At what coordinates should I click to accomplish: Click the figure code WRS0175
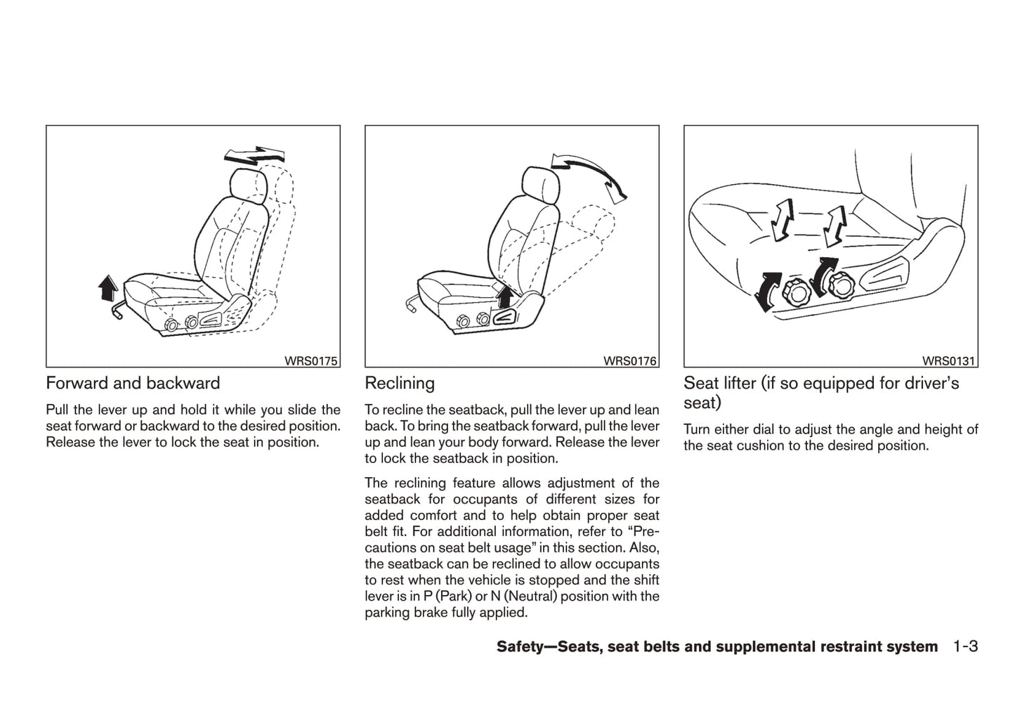click(x=311, y=361)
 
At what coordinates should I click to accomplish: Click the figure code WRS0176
click(x=630, y=361)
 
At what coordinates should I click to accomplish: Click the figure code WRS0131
click(x=949, y=361)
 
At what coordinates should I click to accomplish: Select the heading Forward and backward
click(x=133, y=383)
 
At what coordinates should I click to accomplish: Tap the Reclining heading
click(x=400, y=383)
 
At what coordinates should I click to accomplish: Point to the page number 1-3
click(x=966, y=646)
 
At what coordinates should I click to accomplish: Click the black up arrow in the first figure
click(x=107, y=287)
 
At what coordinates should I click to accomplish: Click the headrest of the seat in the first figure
click(x=249, y=186)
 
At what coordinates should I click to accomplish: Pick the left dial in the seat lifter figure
click(x=794, y=293)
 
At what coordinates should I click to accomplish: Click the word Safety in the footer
click(x=523, y=646)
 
